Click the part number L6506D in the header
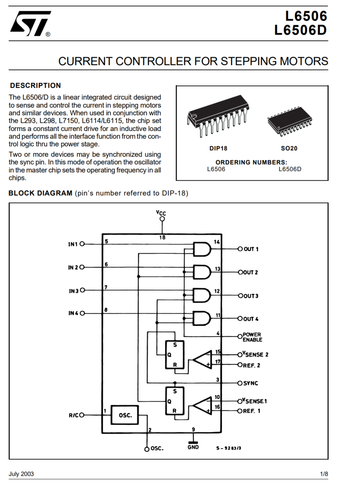click(300, 31)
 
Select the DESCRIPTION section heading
click(36, 86)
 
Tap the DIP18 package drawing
click(217, 116)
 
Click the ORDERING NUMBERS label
click(251, 162)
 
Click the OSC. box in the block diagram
click(125, 415)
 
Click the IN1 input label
click(73, 244)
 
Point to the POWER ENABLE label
click(252, 337)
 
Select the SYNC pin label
click(250, 383)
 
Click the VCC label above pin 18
click(161, 212)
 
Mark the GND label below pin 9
click(193, 447)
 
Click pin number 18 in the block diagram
click(162, 238)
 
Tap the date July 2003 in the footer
click(21, 474)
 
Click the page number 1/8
click(324, 474)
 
